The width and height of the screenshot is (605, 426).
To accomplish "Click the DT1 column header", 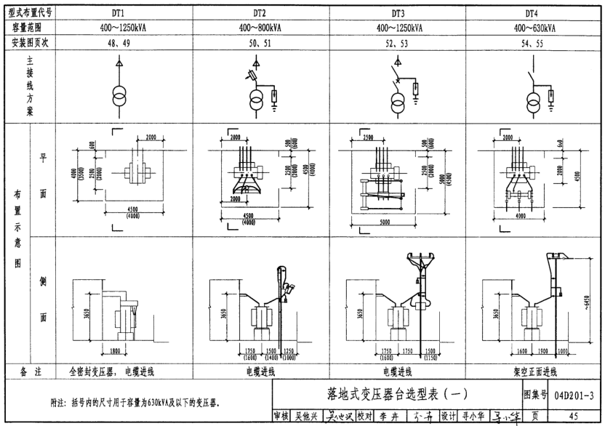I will pos(118,13).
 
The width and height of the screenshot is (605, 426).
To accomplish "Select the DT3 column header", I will pos(398,13).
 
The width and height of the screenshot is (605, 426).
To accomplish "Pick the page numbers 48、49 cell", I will pos(118,43).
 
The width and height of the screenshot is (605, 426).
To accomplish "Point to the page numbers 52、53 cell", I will pos(398,43).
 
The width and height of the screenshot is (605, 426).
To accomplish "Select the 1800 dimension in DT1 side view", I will pos(110,352).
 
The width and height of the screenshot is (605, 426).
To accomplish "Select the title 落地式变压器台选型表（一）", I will pos(396,395).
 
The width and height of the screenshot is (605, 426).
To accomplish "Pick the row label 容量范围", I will pos(27,28).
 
